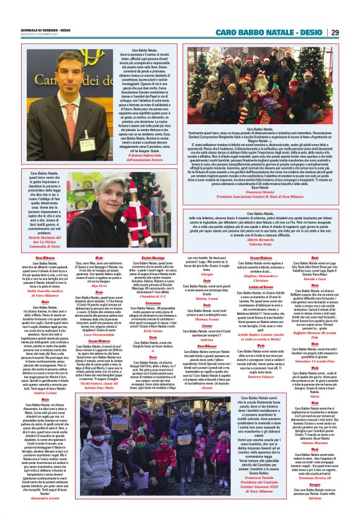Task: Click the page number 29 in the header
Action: point(352,32)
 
